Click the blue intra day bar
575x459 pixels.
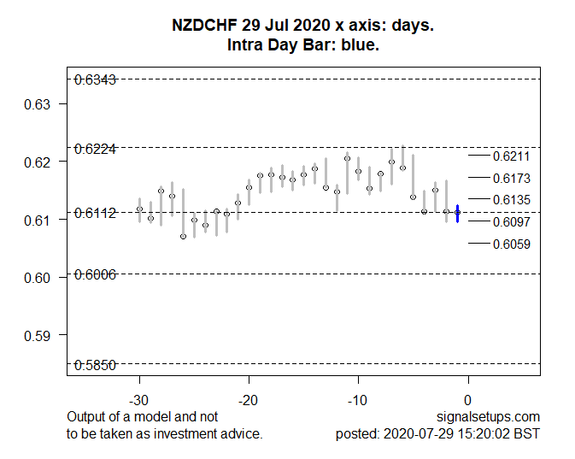click(458, 214)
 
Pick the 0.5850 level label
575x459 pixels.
click(95, 365)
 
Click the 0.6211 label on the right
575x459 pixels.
click(511, 156)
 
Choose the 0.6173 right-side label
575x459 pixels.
click(511, 179)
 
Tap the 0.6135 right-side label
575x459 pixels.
click(511, 200)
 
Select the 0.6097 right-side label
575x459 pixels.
click(511, 222)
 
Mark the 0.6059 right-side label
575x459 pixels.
click(511, 244)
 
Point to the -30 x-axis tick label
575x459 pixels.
click(139, 400)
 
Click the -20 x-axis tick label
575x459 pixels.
click(249, 400)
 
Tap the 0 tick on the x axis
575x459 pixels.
click(467, 400)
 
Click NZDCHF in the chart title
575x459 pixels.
click(206, 26)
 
